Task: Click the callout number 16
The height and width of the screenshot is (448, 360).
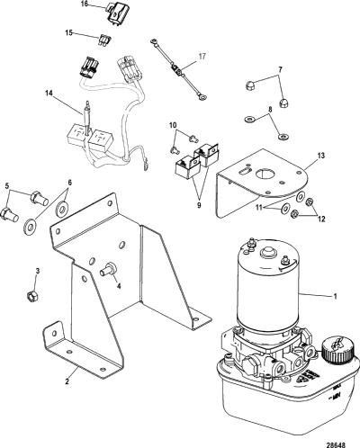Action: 85,4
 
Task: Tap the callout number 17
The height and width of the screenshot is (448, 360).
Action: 202,56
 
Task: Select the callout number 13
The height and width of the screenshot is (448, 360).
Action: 321,156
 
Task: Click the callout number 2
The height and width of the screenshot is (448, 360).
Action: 67,381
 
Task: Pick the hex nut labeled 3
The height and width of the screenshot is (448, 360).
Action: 32,296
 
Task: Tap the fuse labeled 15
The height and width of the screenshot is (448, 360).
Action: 105,40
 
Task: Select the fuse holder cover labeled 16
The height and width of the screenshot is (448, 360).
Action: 116,14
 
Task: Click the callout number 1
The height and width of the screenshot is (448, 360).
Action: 335,296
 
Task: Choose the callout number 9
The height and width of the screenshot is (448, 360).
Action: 199,205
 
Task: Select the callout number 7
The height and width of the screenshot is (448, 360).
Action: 280,69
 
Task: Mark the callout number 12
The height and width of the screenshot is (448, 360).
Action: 321,220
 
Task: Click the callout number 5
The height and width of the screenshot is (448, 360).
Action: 8,185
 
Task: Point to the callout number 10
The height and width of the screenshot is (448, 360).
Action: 173,125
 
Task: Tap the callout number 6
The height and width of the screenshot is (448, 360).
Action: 69,183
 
